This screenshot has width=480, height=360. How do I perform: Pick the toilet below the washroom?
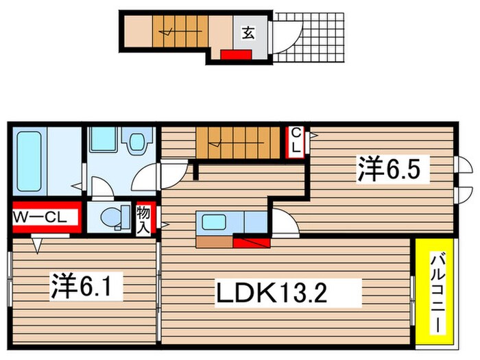(111, 217)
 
